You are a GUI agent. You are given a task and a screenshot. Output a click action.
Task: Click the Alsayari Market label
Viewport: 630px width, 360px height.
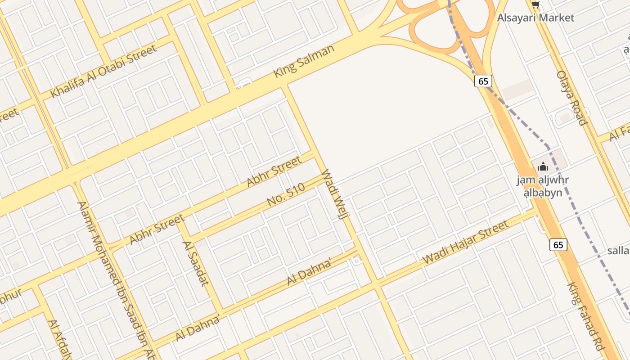pos(535,18)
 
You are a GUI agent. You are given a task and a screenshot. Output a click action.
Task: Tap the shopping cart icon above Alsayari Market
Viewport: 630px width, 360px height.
pos(535,5)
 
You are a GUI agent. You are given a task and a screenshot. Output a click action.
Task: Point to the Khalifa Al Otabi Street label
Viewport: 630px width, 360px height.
pos(103,71)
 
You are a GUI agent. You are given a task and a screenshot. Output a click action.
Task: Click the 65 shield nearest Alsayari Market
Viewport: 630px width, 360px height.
pos(483,81)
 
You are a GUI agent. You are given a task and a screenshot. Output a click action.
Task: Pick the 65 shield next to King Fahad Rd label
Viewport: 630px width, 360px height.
pos(558,245)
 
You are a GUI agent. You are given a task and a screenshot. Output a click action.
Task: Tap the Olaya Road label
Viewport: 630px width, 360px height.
pos(571,98)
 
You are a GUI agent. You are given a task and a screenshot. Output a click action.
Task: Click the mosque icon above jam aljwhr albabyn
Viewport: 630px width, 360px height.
pos(543,166)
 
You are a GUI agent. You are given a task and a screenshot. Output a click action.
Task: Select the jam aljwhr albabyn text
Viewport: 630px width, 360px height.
pos(543,186)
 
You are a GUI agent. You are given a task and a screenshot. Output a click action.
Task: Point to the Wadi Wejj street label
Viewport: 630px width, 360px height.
pos(336,193)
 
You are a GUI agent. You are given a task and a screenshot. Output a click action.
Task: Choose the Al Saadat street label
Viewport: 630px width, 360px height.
pos(196,264)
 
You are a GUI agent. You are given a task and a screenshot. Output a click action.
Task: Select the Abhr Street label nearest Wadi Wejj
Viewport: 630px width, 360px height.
pos(274,171)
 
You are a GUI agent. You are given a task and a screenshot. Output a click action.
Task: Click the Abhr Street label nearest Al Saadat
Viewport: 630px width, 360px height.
pos(157,229)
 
